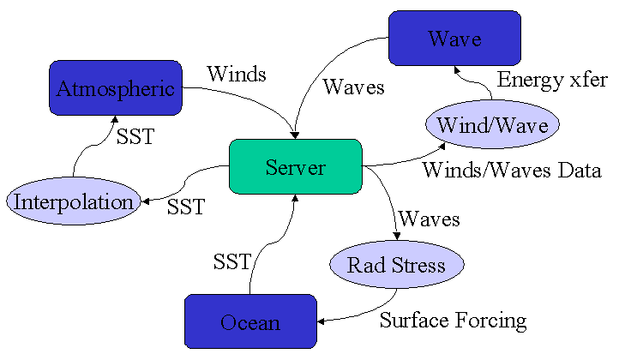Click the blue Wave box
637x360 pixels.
(454, 39)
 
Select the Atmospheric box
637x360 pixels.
(115, 88)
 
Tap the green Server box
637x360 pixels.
(295, 166)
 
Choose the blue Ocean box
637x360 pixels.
(249, 322)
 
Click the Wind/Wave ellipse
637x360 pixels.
(492, 125)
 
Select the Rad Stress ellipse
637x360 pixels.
(396, 265)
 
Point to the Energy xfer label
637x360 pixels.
(553, 81)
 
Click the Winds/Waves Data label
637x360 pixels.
(511, 170)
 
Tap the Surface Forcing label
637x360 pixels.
(453, 321)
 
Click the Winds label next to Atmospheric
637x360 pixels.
(237, 75)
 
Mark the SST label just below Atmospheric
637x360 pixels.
(135, 137)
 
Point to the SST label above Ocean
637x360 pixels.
(231, 262)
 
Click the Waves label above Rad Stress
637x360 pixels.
(430, 219)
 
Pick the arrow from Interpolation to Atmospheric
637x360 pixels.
(86, 154)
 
